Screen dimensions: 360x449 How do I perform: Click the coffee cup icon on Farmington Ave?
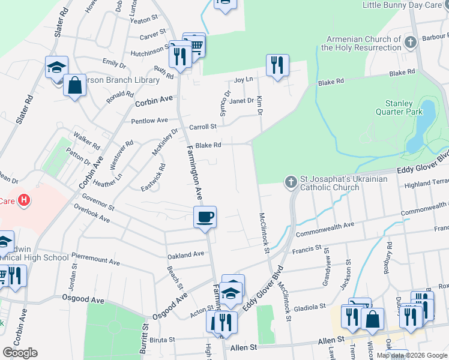[x=205, y=217]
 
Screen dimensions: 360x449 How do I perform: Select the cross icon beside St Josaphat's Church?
[x=291, y=181]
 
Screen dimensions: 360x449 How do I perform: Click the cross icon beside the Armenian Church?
[x=410, y=42]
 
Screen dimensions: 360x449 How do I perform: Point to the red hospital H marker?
[x=24, y=200]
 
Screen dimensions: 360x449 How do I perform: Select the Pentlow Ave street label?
[x=149, y=121]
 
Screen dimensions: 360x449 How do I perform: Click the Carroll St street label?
[x=202, y=127]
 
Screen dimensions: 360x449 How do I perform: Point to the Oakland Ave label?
[x=186, y=255]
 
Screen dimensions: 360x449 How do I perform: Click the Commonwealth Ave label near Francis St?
[x=325, y=229]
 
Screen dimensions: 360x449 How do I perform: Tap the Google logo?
[x=20, y=353]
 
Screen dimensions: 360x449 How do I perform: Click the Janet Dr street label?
[x=242, y=101]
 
